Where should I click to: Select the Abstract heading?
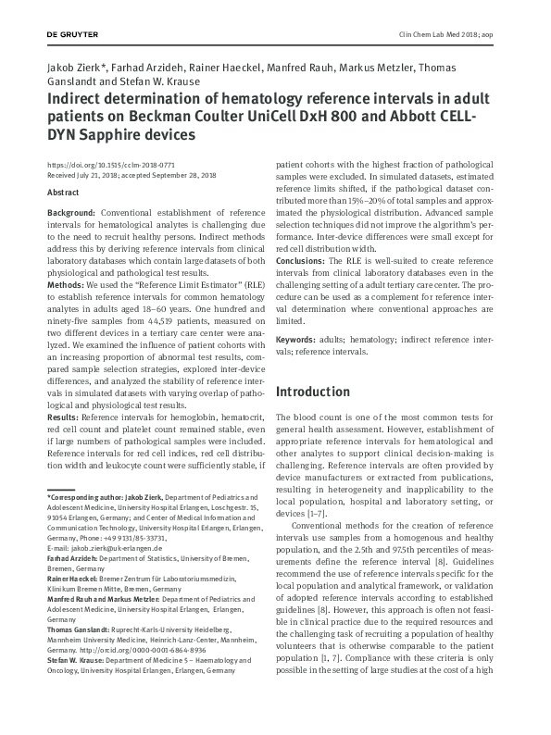pos(63,193)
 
